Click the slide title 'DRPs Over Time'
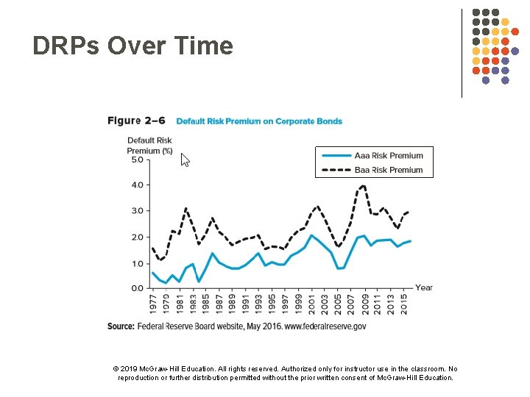tap(132, 46)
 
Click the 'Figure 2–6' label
tap(136, 121)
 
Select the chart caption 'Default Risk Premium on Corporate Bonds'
tap(259, 121)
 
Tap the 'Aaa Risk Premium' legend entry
tap(389, 156)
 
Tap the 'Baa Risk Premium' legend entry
tap(389, 170)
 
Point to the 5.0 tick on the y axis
tap(136, 159)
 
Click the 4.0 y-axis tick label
tap(136, 185)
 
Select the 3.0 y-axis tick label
tap(136, 211)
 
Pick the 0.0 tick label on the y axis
tap(136, 289)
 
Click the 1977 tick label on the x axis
tap(152, 303)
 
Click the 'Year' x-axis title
tap(424, 287)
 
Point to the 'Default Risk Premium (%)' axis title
tap(149, 146)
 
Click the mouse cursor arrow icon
tap(185, 160)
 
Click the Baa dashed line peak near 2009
tap(363, 185)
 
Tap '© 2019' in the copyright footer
tap(126, 369)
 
